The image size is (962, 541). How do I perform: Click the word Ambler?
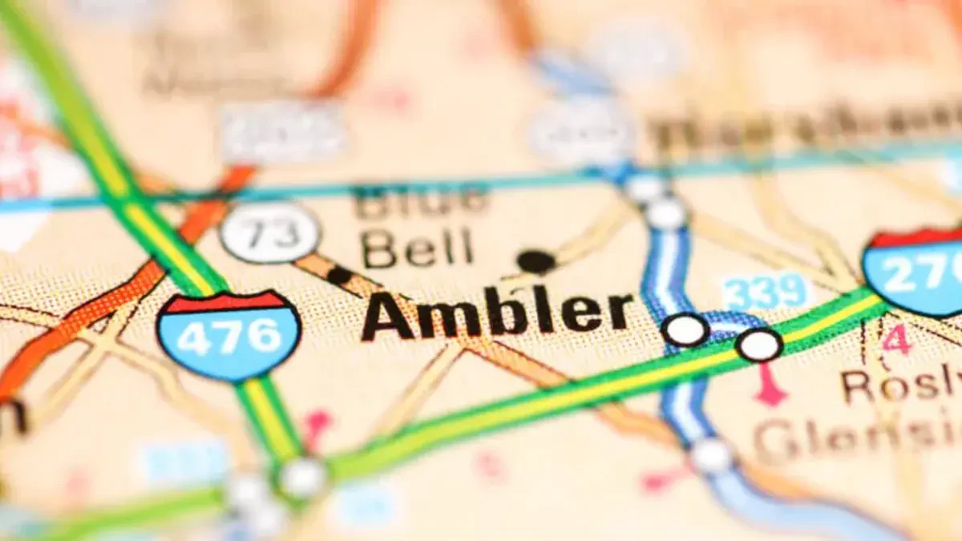click(497, 313)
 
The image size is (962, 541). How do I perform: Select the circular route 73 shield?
click(270, 232)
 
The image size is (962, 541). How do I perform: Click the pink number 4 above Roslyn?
click(897, 339)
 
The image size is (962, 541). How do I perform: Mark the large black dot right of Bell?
click(536, 261)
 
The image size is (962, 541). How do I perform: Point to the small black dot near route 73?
click(340, 275)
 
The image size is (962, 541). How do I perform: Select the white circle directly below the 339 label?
click(759, 345)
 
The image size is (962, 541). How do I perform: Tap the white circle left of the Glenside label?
click(712, 455)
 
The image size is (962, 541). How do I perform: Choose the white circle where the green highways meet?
click(303, 478)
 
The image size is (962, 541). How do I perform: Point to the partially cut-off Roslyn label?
click(902, 386)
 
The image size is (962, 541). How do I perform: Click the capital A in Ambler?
click(389, 316)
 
